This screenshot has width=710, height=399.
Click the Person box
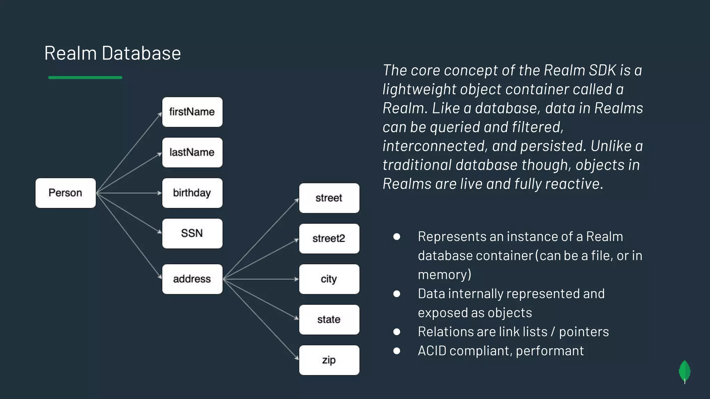click(x=66, y=193)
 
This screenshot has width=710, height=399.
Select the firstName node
click(x=192, y=112)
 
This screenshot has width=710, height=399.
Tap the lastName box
click(x=192, y=152)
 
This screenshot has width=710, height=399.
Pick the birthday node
click(x=192, y=193)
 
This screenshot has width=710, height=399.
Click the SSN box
click(x=192, y=233)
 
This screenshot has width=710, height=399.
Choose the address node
click(x=192, y=279)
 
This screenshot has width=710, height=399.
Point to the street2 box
click(x=329, y=239)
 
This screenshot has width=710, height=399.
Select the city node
click(x=329, y=279)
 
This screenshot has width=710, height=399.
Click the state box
click(x=329, y=320)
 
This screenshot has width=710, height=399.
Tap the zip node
click(x=329, y=360)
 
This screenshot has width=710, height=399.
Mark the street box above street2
click(x=329, y=198)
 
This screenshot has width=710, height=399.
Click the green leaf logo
click(x=684, y=371)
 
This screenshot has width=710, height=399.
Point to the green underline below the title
click(x=85, y=78)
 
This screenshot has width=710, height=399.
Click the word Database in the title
click(x=141, y=53)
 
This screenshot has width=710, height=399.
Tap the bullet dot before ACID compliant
click(x=397, y=351)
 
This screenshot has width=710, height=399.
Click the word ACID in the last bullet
click(x=432, y=351)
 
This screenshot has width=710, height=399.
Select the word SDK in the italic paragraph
click(x=603, y=70)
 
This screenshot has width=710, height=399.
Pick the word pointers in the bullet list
click(x=584, y=332)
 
